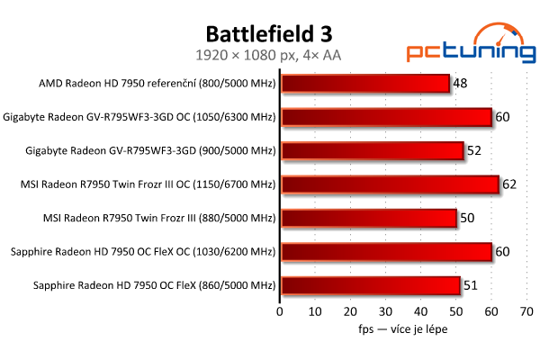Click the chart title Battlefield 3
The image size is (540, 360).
coord(269,34)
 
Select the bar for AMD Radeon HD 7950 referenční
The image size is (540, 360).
coord(365,84)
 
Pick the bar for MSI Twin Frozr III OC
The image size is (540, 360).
coord(390,184)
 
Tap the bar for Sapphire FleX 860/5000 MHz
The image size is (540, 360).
coord(371,286)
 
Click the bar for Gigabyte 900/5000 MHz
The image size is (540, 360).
coord(373,151)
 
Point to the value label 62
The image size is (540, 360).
coord(509,184)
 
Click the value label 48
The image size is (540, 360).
coord(460,84)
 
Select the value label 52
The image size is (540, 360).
coord(474,151)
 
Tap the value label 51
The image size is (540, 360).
coord(471,286)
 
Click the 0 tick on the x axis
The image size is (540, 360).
coord(281,312)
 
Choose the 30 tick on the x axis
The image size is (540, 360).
coord(386,312)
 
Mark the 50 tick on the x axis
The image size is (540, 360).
coord(456,312)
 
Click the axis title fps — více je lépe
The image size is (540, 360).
coord(401,329)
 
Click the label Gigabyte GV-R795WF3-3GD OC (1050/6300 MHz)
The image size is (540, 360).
coord(139,117)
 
